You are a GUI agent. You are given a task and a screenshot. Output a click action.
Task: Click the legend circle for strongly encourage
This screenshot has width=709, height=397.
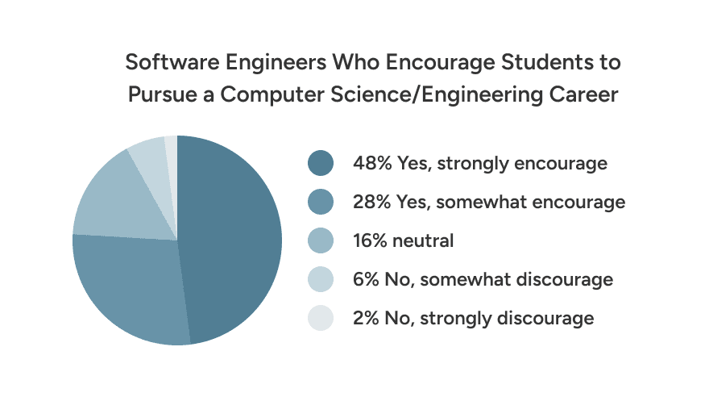point(320,164)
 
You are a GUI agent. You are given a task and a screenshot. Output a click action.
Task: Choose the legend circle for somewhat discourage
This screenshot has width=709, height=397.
point(320,280)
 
